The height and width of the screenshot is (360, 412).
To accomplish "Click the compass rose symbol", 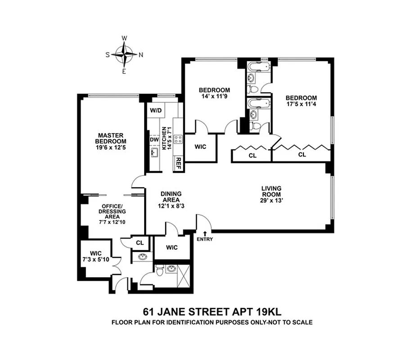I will click(x=124, y=54).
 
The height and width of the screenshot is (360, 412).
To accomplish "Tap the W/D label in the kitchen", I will click(x=155, y=110).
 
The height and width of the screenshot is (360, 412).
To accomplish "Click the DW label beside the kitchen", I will click(x=154, y=139).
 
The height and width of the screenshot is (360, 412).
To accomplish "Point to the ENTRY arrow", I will click(x=205, y=233).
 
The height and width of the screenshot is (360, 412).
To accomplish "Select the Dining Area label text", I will click(x=171, y=197).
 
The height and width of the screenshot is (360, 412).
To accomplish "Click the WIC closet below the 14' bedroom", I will click(x=200, y=147).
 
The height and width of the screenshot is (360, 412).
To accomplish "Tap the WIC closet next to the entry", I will click(x=172, y=247).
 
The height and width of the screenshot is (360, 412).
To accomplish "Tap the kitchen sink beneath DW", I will click(x=154, y=153).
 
